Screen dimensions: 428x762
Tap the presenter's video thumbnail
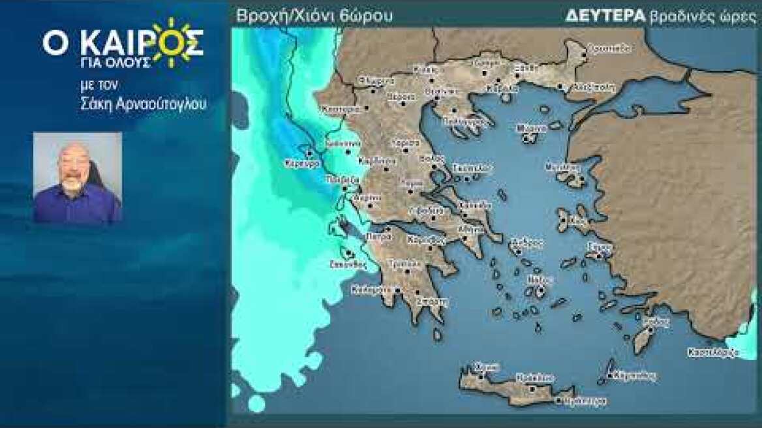pos(78,177)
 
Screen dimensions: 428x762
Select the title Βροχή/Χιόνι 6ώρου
pos(315,16)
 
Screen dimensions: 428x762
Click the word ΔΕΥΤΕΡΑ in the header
pos(606,16)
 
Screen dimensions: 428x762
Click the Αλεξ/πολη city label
pos(593,87)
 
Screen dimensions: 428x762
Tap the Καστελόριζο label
pos(713,352)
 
